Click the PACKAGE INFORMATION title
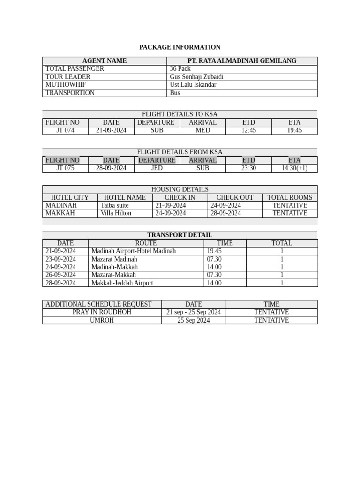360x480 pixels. pos(180,47)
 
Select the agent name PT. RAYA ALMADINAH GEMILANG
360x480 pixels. pos(242,61)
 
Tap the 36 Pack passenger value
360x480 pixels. pos(180,69)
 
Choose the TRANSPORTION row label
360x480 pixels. pos(70,93)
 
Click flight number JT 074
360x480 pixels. pos(65,130)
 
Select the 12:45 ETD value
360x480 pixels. pos(248,130)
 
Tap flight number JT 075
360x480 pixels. pos(65,168)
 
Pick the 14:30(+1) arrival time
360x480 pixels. pos(294,168)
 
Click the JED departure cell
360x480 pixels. pos(157,168)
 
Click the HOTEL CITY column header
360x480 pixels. pos(70,197)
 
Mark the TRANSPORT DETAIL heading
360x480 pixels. pos(180,235)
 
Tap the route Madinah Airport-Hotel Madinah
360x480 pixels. pos(134,251)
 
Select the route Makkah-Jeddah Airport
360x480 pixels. pos(122,283)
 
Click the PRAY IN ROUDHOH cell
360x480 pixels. pos(102,312)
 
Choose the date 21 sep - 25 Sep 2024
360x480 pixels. pos(194,312)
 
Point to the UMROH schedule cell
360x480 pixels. pos(102,321)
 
